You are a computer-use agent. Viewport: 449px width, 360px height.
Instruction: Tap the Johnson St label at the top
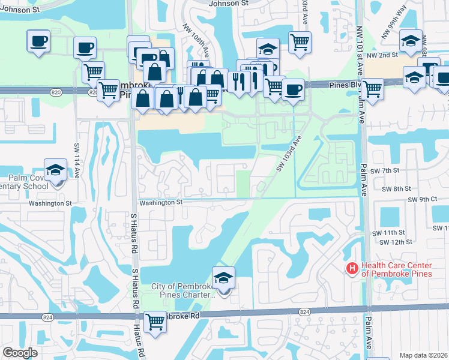click(x=229, y=4)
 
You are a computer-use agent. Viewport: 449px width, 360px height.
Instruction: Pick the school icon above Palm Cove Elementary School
click(x=55, y=170)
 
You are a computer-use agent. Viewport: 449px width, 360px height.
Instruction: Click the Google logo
click(x=20, y=353)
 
